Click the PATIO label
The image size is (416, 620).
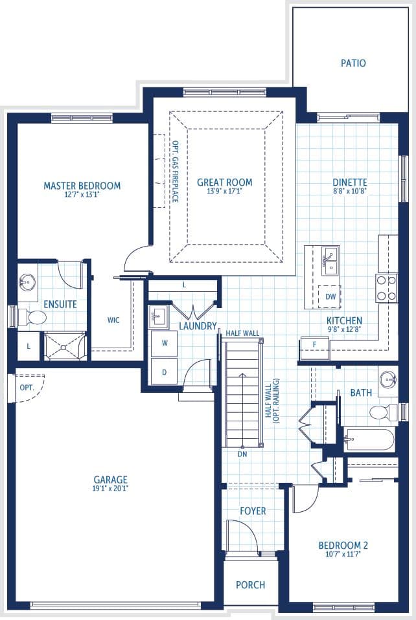353,63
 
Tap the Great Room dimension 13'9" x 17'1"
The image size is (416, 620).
224,191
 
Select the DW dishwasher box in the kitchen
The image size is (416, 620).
329,296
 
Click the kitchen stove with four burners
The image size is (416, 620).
387,288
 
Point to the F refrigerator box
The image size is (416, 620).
315,348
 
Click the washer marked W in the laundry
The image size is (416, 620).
165,343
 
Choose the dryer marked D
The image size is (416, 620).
165,371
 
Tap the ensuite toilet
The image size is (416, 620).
33,316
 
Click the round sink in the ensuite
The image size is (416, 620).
27,282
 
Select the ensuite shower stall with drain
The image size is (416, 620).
65,347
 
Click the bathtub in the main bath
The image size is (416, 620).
369,439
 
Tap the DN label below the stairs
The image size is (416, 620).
242,454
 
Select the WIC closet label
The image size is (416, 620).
113,320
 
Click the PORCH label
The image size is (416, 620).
251,585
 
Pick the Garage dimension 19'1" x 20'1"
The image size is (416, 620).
110,489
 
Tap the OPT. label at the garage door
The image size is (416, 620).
27,388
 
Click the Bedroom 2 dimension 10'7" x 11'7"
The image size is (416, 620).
343,554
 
